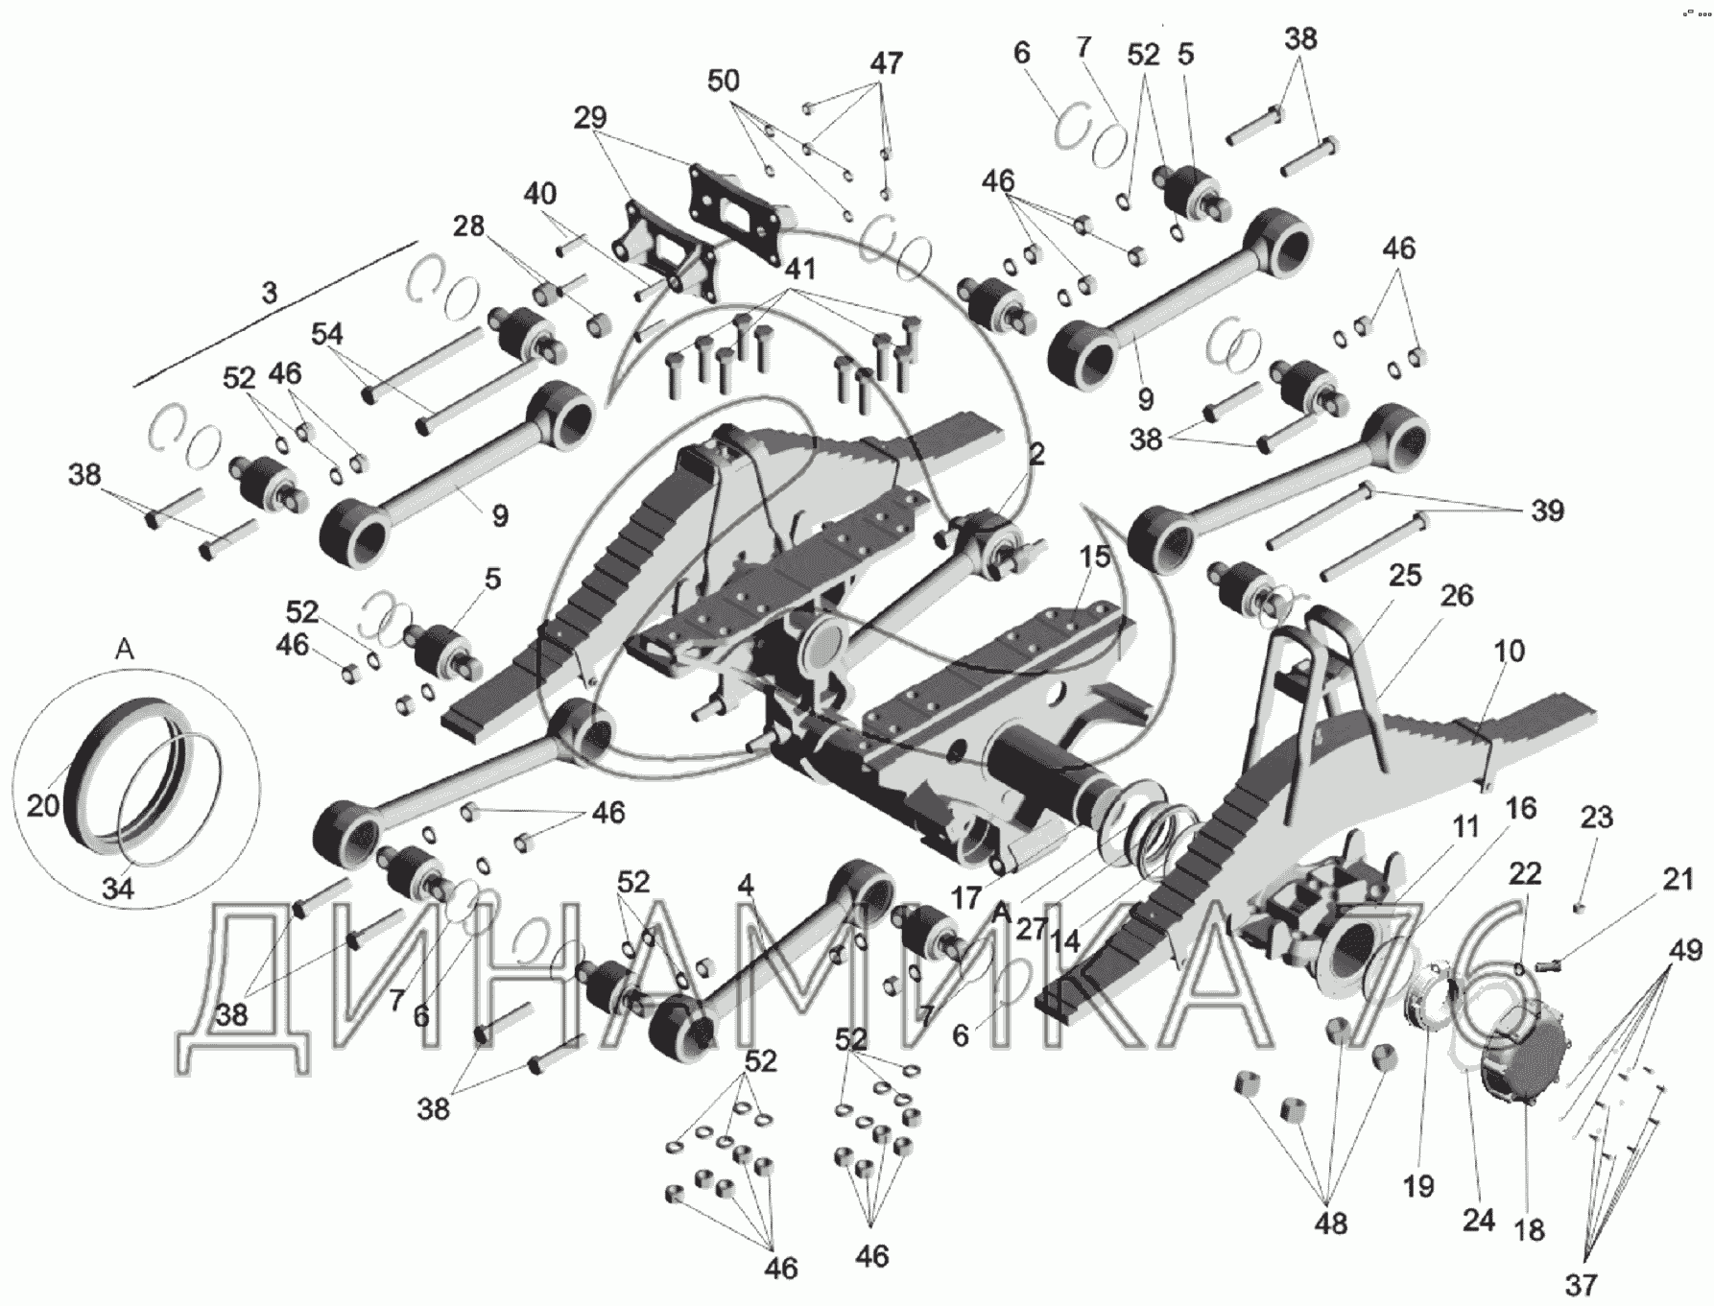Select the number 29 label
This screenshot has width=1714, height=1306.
591,118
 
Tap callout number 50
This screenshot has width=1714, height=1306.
724,81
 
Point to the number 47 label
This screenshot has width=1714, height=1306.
886,62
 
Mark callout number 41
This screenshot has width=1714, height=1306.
799,270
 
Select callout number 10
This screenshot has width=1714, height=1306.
1509,651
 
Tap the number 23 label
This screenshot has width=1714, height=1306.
1597,818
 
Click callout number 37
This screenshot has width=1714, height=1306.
1583,1282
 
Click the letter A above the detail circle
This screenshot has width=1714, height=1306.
125,650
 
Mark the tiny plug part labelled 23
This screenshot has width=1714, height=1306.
1579,907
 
